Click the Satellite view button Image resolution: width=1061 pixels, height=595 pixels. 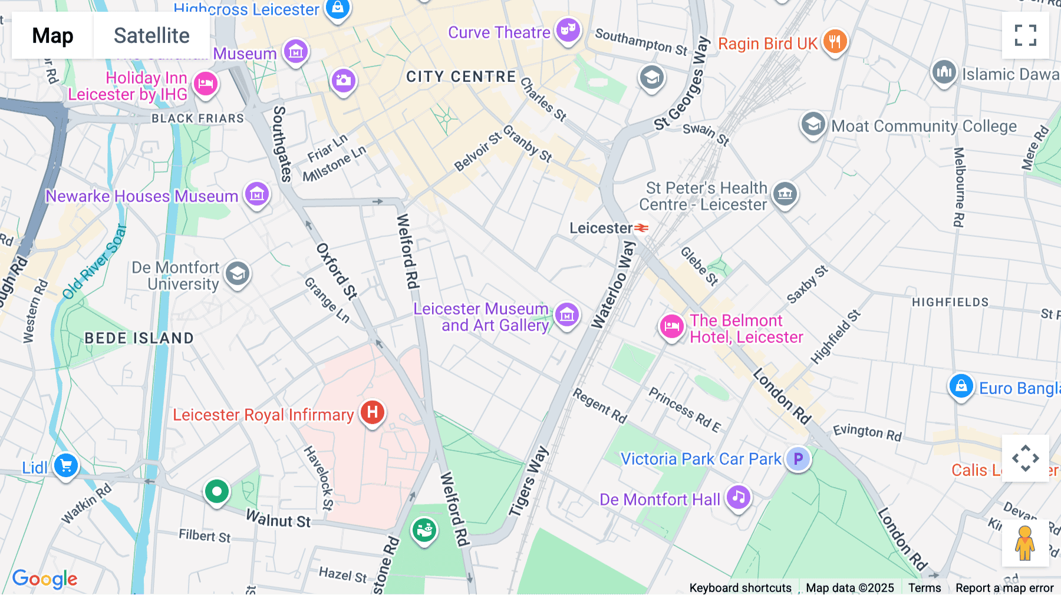(x=151, y=36)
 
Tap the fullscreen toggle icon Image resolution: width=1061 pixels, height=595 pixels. (x=1025, y=35)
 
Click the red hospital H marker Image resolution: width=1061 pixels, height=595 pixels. (x=373, y=412)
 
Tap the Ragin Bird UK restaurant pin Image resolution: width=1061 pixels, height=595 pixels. (x=835, y=41)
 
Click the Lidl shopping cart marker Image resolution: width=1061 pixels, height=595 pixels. (x=66, y=466)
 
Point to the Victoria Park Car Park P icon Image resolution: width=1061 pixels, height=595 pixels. (x=798, y=458)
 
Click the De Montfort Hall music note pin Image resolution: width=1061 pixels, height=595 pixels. (x=739, y=497)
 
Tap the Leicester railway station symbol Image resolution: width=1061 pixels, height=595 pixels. (x=641, y=227)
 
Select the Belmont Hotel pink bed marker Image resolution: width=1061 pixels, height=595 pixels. (x=671, y=326)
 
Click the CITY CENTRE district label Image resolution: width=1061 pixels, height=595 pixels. (x=461, y=77)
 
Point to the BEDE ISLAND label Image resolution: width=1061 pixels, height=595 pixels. (x=139, y=338)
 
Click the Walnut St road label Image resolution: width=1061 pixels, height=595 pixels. (x=278, y=520)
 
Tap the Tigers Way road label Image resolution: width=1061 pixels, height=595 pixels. (x=529, y=482)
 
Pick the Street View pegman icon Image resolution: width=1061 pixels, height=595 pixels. (x=1025, y=543)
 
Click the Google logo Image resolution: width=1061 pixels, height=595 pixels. (x=45, y=579)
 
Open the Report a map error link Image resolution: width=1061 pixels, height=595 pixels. (x=1004, y=587)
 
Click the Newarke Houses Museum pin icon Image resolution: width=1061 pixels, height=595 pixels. (x=257, y=193)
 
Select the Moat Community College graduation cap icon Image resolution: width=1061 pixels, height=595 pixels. (x=813, y=124)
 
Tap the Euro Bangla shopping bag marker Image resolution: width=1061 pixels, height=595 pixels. (x=961, y=386)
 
